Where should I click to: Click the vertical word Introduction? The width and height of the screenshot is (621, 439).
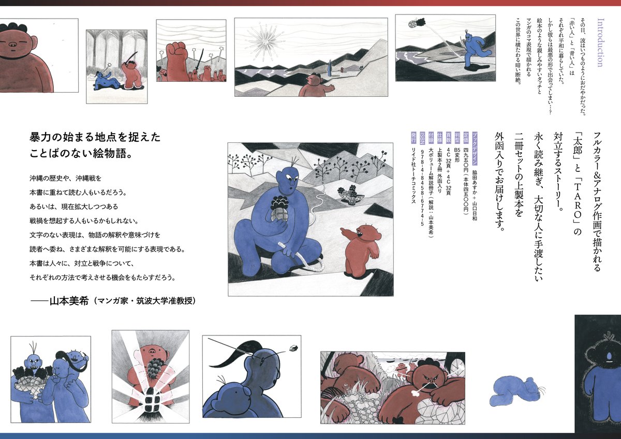(600, 42)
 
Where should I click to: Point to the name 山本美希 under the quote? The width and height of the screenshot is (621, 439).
(69, 301)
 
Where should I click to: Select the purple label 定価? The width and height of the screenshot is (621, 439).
(466, 137)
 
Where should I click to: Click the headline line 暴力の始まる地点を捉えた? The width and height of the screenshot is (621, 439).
(95, 137)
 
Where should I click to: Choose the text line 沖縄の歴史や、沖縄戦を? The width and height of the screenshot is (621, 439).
(65, 178)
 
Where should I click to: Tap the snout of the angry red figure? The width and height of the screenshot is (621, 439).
(433, 383)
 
